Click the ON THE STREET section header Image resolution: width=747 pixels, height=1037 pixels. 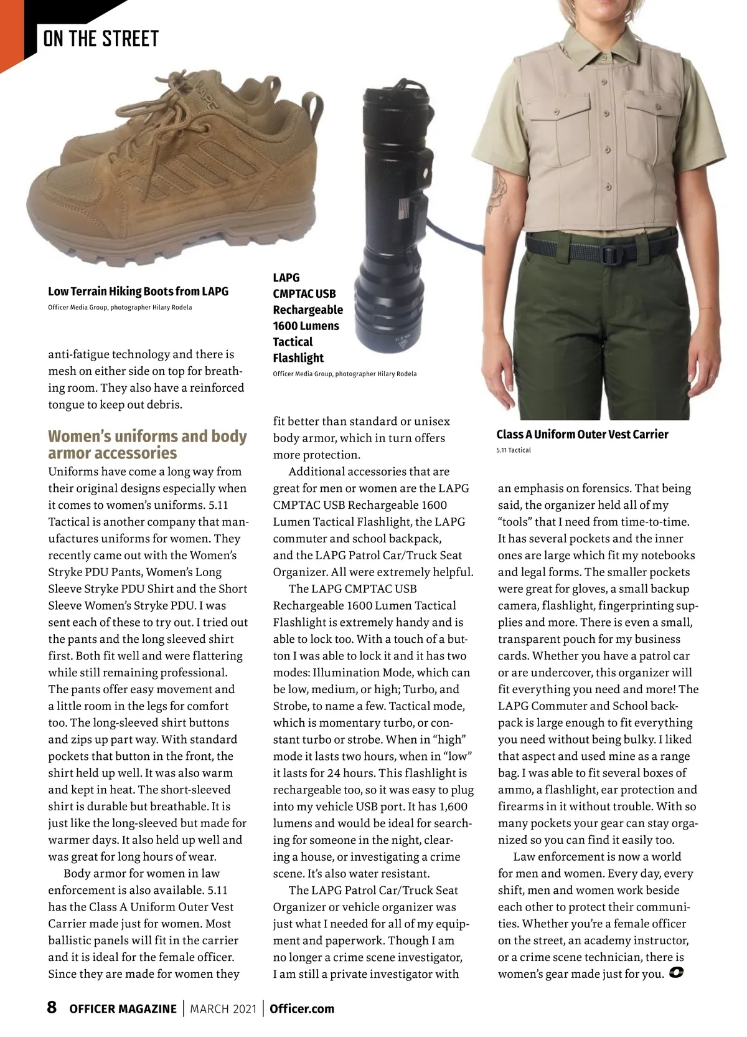click(x=101, y=39)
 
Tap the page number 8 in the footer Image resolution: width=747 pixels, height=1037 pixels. click(x=52, y=1007)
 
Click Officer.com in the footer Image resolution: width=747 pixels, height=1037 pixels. click(x=302, y=1008)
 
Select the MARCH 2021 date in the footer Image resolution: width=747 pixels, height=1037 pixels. click(x=223, y=1008)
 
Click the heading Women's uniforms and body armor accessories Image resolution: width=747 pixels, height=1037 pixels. click(x=148, y=444)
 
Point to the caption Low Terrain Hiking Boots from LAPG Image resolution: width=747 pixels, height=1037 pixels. click(x=138, y=291)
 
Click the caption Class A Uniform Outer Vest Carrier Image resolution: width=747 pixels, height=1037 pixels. click(x=582, y=434)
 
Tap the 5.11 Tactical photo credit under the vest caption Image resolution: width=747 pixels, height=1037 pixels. click(x=514, y=450)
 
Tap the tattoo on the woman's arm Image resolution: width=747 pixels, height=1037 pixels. click(x=498, y=190)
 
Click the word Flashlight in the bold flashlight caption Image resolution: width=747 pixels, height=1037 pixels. click(x=298, y=358)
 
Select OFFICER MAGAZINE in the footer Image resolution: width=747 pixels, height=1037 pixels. click(x=123, y=1008)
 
